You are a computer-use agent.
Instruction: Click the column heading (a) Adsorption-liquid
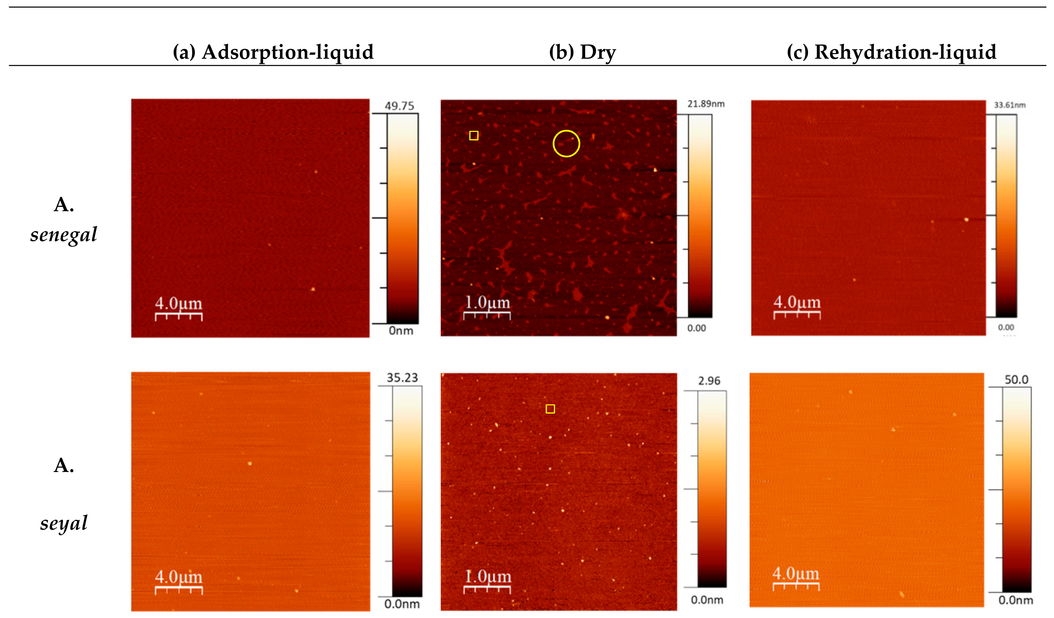click(273, 52)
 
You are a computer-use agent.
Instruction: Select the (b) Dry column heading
click(582, 52)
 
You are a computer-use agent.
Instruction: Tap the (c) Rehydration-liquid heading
click(891, 52)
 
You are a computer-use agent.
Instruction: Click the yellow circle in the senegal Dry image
click(566, 143)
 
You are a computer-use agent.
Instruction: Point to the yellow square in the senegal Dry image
click(474, 136)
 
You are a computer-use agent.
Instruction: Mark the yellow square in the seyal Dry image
click(550, 409)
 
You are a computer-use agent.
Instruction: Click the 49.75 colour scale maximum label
click(399, 106)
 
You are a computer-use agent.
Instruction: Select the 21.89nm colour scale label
click(706, 104)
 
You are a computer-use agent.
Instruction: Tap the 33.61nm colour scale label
click(1010, 105)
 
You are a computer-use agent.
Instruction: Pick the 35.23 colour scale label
click(402, 378)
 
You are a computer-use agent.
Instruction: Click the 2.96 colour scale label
click(709, 381)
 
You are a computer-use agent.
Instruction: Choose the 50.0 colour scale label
click(1016, 380)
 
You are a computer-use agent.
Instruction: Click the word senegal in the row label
click(64, 235)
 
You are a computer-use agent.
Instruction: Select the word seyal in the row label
click(64, 523)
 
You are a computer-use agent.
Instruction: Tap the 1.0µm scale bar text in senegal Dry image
click(487, 302)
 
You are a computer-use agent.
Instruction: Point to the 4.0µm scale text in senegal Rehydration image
click(797, 302)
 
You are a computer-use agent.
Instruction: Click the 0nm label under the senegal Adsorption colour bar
click(401, 331)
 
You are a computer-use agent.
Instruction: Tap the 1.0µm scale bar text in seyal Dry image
click(488, 576)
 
